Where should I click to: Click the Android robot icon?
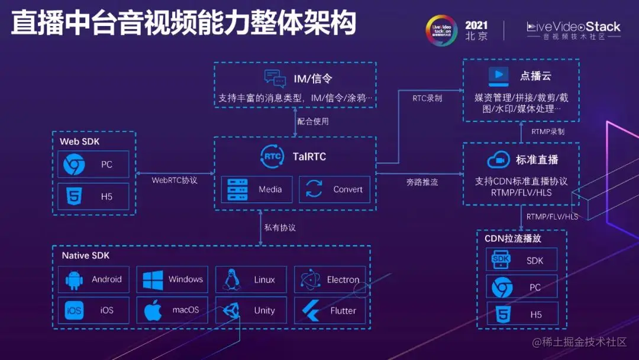pyautogui.click(x=74, y=279)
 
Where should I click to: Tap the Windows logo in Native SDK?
pyautogui.click(x=153, y=279)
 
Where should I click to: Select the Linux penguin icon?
pyautogui.click(x=231, y=279)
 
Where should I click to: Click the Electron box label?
pyautogui.click(x=343, y=279)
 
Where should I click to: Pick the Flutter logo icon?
pyautogui.click(x=310, y=310)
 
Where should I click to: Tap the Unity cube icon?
pyautogui.click(x=231, y=310)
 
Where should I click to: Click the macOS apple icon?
pyautogui.click(x=153, y=310)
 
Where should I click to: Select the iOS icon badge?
pyautogui.click(x=74, y=310)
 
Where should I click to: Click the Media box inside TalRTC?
pyautogui.click(x=257, y=189)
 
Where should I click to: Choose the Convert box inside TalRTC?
pyautogui.click(x=335, y=189)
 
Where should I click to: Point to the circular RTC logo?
pyautogui.click(x=272, y=157)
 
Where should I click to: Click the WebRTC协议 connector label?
pyautogui.click(x=175, y=180)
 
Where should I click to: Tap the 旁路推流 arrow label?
pyautogui.click(x=422, y=182)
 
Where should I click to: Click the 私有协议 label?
pyautogui.click(x=280, y=227)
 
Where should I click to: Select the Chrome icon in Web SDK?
pyautogui.click(x=74, y=164)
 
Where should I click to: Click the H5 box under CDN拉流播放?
pyautogui.click(x=522, y=314)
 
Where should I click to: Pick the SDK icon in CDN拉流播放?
pyautogui.click(x=501, y=260)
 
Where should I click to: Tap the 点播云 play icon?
pyautogui.click(x=498, y=76)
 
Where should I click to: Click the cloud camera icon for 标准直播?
pyautogui.click(x=498, y=160)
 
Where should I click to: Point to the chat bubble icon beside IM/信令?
pyautogui.click(x=275, y=79)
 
